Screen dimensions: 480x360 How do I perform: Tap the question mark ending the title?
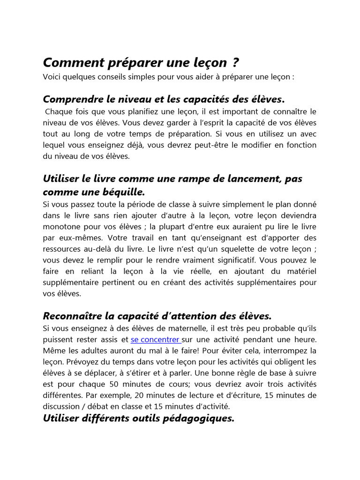point(235,63)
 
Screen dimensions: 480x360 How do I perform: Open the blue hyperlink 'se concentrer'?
point(155,339)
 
